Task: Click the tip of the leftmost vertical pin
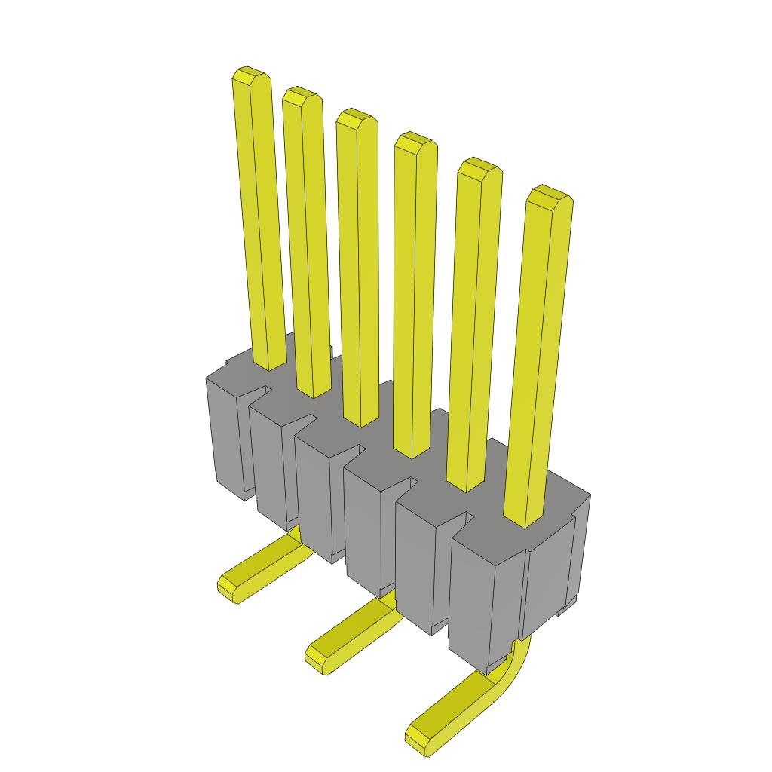[252, 76]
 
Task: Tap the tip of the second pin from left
[302, 96]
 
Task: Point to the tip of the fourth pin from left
[415, 142]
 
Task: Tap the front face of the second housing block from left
[268, 467]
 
